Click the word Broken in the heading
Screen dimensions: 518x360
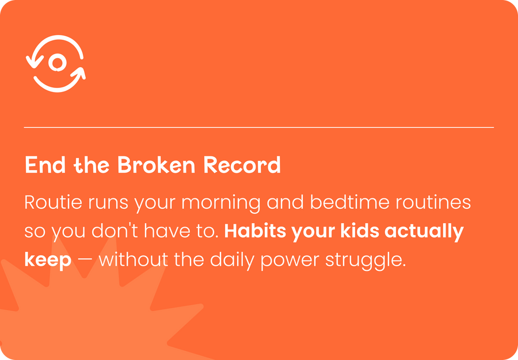pos(157,164)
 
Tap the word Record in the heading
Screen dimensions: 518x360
pos(242,164)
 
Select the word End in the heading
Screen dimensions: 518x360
pos(45,164)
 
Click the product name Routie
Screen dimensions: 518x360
pos(53,202)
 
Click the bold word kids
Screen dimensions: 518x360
pos(360,231)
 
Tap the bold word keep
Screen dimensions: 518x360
pos(48,261)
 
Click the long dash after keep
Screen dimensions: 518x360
pos(85,261)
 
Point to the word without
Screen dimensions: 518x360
pos(133,260)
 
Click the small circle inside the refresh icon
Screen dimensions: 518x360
pos(58,62)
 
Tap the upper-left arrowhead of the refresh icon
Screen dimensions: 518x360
pos(34,62)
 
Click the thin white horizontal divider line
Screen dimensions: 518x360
pos(259,127)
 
